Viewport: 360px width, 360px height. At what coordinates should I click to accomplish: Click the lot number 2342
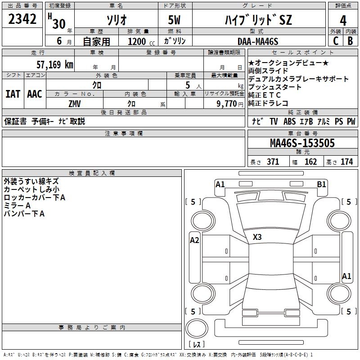tap(22, 19)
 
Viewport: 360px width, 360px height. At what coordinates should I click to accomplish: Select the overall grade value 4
tap(343, 20)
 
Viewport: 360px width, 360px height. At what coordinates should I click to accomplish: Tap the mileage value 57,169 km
tap(54, 64)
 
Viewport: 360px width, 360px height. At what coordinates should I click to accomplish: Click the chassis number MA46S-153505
tap(302, 143)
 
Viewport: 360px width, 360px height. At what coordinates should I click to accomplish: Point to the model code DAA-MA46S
tap(258, 41)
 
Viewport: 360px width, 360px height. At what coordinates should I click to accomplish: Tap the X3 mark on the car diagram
tap(257, 237)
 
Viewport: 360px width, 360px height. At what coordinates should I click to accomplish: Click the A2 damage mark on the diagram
tap(194, 240)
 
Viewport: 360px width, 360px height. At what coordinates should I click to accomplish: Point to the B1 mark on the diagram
tap(321, 184)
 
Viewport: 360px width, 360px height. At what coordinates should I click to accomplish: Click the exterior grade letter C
tap(335, 41)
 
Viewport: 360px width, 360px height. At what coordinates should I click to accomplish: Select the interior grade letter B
tap(351, 41)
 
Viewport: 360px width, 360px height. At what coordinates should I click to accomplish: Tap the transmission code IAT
tap(13, 94)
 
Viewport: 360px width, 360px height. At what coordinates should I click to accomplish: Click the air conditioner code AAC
tap(34, 94)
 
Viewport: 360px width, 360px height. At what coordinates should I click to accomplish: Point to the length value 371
tap(273, 162)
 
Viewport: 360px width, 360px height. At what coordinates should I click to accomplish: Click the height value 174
tap(346, 162)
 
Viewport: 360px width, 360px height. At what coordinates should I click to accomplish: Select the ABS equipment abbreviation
tap(290, 121)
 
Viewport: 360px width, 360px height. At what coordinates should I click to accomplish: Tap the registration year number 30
tap(58, 23)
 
